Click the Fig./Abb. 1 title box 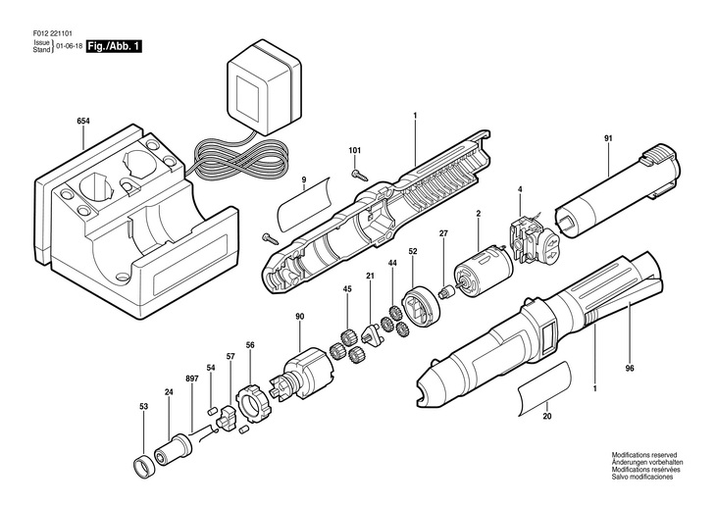point(114,47)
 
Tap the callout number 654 point(83,121)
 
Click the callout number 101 point(355,150)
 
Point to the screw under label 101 point(358,174)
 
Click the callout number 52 point(413,251)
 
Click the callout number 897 point(192,379)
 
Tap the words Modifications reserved point(644,455)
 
